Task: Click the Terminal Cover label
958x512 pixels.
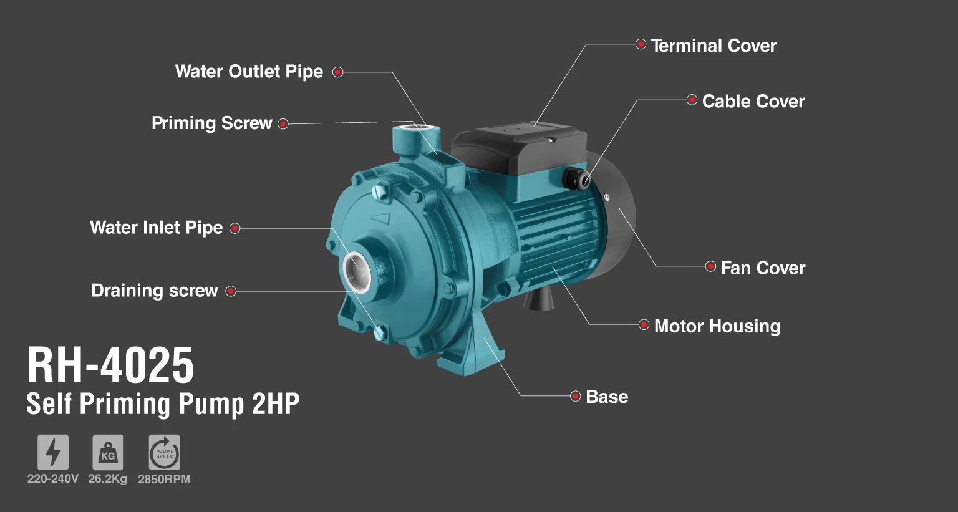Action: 714,46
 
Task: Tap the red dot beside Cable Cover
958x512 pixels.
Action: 692,100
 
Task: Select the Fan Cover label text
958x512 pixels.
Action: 763,268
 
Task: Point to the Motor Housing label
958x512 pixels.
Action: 717,326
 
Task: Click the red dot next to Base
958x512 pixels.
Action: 576,396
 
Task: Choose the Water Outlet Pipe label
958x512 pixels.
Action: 249,72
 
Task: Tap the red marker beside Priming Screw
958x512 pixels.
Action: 283,124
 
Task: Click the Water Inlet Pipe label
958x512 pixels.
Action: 156,228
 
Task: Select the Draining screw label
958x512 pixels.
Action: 155,291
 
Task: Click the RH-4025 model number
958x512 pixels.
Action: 110,365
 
